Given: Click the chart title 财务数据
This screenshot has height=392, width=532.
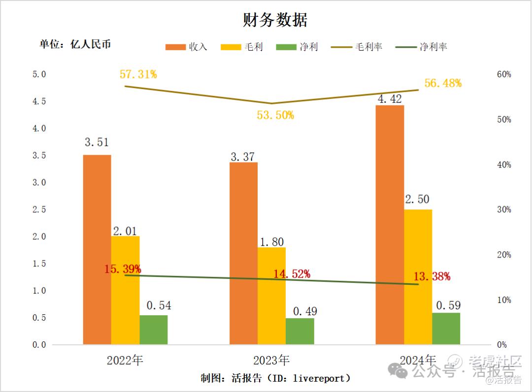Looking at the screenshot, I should pos(275,20).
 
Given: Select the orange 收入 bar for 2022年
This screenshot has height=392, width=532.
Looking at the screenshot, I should pos(97,249).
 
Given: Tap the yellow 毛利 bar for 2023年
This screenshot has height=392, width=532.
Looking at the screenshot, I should pos(271,295).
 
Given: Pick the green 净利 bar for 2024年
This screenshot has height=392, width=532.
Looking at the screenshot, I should pos(446,328).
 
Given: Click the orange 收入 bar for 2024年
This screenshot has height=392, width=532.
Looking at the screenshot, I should pos(390,225).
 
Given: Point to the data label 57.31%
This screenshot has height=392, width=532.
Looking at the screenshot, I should pos(138,74).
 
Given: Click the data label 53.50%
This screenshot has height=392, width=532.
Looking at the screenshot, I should pos(275,115).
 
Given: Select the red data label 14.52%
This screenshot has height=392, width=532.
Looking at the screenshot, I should pos(292,274).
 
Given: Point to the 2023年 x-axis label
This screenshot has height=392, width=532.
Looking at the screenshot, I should pos(271,360).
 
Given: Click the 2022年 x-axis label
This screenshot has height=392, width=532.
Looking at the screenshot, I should pos(125,360).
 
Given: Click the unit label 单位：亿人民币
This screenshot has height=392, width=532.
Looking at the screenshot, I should pos(75,44).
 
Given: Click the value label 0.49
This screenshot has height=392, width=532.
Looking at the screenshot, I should pos(305,311).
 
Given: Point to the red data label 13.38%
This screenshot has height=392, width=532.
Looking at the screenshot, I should pos(432,276).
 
